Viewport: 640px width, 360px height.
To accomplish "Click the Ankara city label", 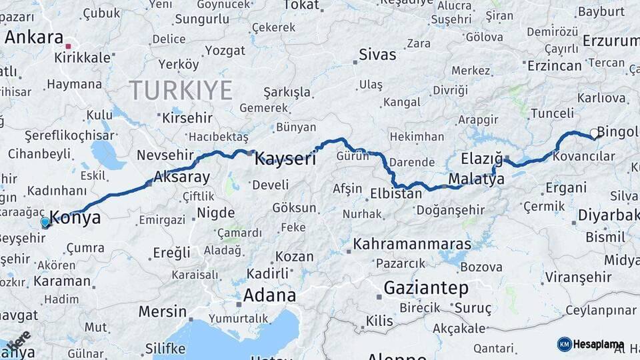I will point(33,37).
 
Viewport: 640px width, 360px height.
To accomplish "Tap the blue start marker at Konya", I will point(45,221).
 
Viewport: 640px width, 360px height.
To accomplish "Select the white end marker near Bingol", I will point(593,133).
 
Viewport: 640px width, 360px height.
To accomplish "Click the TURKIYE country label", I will point(181,89).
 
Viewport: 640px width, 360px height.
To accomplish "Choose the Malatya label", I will point(476,179).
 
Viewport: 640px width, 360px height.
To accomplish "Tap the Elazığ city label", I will point(481,159).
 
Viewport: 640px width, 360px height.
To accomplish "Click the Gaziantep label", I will point(426,289).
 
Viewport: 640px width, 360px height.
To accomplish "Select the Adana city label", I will point(269,295).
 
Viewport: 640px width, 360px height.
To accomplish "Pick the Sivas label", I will point(377,55).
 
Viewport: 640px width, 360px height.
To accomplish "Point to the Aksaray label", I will point(181,177).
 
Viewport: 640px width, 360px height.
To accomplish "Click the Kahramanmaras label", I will point(412,244).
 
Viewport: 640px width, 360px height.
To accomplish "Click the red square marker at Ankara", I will point(68,47).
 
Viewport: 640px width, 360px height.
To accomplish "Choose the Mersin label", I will point(163,311).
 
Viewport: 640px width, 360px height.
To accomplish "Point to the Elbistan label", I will point(396,194).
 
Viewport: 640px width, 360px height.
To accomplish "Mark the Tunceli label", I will point(551,113).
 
